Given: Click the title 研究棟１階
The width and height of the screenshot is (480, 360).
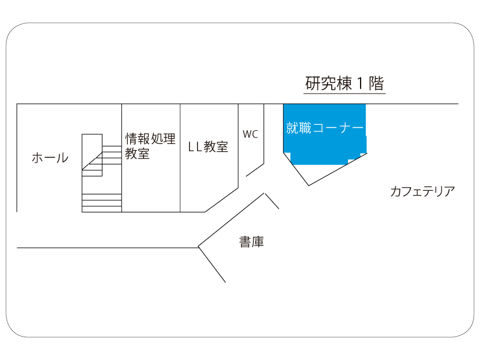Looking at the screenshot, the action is (x=344, y=83).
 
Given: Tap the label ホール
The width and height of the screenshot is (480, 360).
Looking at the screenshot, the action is (x=50, y=158).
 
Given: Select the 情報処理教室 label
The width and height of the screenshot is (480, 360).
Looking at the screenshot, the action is (x=150, y=146).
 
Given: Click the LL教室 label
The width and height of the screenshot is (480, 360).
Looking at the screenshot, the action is (x=208, y=147).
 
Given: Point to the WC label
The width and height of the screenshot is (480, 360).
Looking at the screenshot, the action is (x=250, y=134).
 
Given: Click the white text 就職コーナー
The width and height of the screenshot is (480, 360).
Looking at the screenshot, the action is (x=325, y=128).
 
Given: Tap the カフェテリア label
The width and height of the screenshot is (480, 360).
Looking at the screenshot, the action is (x=422, y=191).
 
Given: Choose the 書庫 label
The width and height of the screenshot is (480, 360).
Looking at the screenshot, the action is (x=251, y=242).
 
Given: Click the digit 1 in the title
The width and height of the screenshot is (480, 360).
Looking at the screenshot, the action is (x=361, y=83).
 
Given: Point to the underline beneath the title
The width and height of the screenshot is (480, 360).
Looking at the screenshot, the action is (x=344, y=93).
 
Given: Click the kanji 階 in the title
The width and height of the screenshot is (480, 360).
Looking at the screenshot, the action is (x=376, y=83).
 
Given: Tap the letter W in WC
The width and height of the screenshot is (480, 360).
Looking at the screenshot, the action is (x=247, y=134).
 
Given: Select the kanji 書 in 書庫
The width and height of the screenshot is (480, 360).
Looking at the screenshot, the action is (x=245, y=242).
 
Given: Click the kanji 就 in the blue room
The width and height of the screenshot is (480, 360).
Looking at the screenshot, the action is (x=292, y=128).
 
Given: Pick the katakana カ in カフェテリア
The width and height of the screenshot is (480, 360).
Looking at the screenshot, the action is (x=397, y=191).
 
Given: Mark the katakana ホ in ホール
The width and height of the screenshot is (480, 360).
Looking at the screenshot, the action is (x=38, y=158).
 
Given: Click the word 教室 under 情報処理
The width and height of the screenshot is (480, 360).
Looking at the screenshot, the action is (x=137, y=154).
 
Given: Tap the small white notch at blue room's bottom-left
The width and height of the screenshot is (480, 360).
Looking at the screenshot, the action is (x=287, y=156).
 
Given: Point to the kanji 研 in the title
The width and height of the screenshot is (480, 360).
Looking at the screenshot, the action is (x=313, y=83).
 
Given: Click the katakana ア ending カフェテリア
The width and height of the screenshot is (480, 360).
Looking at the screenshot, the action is (x=449, y=191).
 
